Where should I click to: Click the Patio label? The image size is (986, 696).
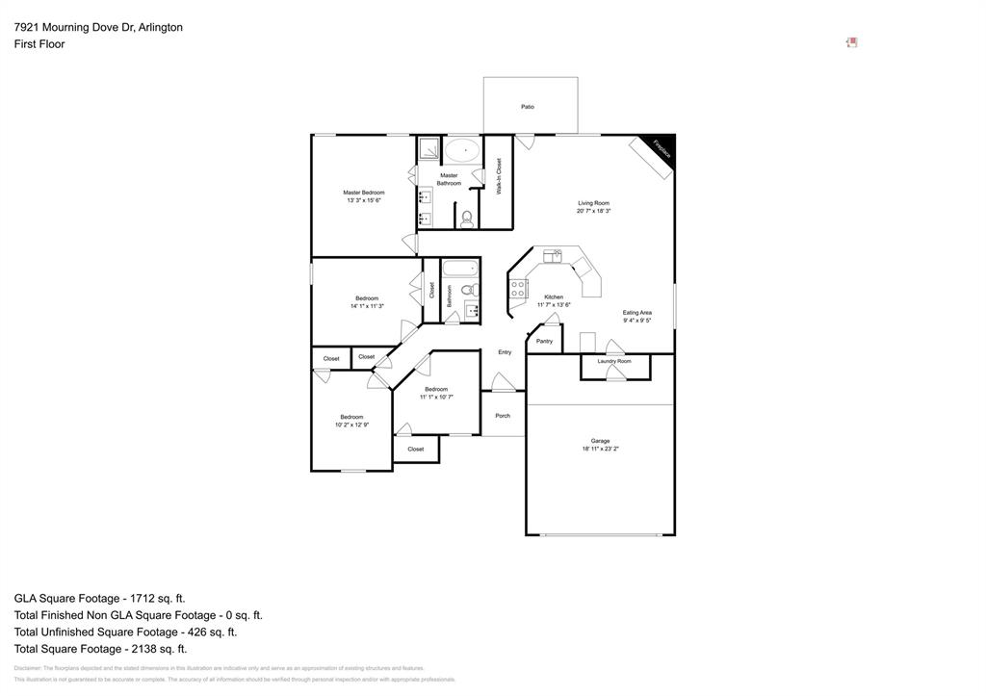pos(528,107)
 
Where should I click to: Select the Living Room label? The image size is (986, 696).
pos(593,203)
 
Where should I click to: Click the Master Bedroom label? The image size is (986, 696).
pos(363,193)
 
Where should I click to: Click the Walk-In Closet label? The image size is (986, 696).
pos(499,177)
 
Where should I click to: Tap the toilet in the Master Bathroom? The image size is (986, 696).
pos(468,219)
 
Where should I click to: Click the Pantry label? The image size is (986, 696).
pos(544,341)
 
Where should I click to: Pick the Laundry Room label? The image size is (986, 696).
pos(614,361)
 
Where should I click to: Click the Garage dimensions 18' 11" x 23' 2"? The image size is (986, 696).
pos(600,449)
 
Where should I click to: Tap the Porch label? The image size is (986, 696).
pos(503,416)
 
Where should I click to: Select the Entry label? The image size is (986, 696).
pos(505,352)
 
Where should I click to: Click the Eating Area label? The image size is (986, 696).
pos(636,313)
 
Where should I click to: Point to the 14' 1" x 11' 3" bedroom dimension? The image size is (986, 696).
pos(367,306)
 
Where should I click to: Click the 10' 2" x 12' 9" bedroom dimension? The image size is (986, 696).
pos(351,425)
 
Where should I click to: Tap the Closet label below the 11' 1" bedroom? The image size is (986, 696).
pos(415,449)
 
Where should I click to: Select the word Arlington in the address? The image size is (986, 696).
pos(160,27)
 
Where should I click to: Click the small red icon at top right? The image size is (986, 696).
pos(851,42)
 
